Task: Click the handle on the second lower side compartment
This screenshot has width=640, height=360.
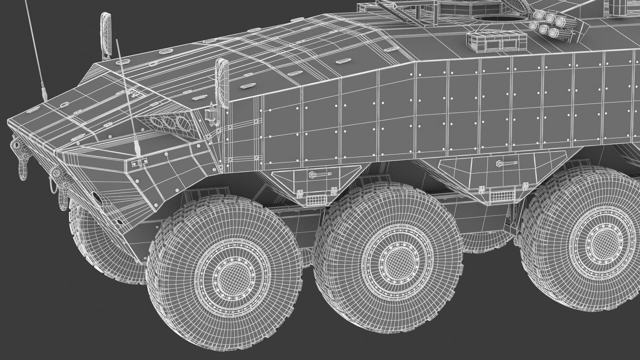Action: (506, 163)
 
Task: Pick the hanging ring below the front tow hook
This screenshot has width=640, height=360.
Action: (23, 172)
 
